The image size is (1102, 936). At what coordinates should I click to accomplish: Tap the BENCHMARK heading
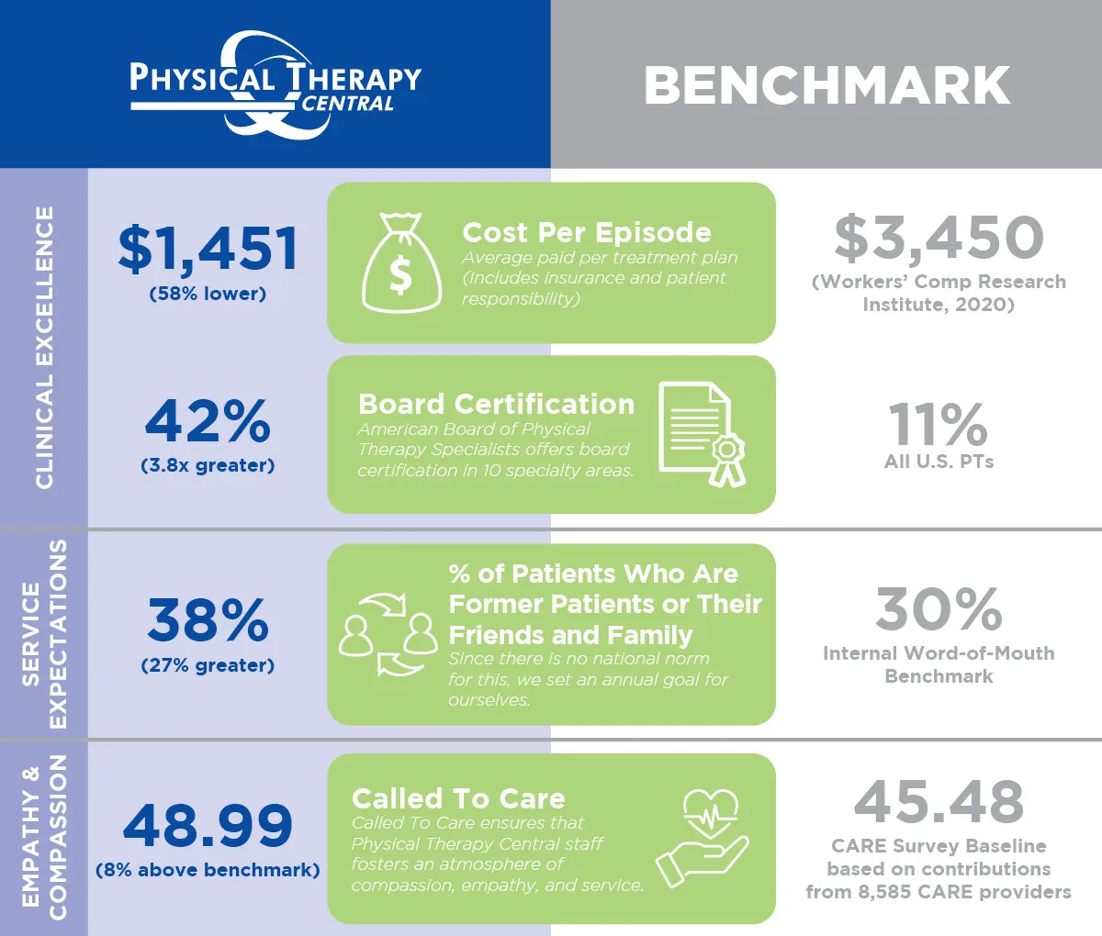coord(826,85)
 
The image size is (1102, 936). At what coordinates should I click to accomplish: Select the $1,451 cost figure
coord(208,250)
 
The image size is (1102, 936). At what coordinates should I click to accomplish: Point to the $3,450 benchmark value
coord(939,237)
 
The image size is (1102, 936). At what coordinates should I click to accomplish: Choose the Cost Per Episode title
coord(587,232)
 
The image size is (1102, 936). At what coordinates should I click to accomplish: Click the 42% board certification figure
coord(208,421)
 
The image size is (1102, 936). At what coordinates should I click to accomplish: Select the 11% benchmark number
coord(939,424)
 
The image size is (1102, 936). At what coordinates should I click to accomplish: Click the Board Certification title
coord(496,404)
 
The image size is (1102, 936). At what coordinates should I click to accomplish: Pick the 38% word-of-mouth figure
coord(208,620)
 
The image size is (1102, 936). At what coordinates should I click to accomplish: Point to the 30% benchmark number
coord(939,609)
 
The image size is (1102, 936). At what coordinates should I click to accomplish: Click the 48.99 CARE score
coord(208,825)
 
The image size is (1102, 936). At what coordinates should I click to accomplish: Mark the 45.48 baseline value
coord(939,801)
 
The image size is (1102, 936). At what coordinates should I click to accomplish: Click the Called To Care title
coord(458,798)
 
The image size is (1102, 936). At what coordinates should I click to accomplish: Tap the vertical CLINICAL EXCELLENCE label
coord(44,347)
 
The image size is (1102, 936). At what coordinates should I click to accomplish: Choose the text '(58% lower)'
coord(208,295)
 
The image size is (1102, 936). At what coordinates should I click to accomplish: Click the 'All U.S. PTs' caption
coord(939,462)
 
